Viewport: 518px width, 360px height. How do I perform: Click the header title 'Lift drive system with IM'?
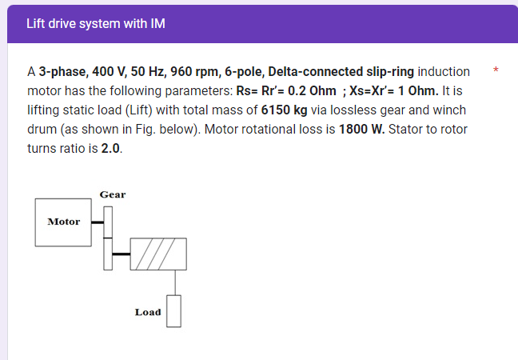pyautogui.click(x=95, y=23)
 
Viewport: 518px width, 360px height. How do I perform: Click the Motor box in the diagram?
pyautogui.click(x=64, y=222)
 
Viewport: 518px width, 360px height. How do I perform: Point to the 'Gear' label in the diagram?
pyautogui.click(x=112, y=194)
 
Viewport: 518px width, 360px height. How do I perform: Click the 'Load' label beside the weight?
pyautogui.click(x=148, y=312)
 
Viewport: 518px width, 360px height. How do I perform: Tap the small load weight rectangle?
pyautogui.click(x=174, y=311)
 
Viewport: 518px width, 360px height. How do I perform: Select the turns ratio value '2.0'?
pyautogui.click(x=112, y=149)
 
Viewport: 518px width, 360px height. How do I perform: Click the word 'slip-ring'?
pyautogui.click(x=387, y=72)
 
